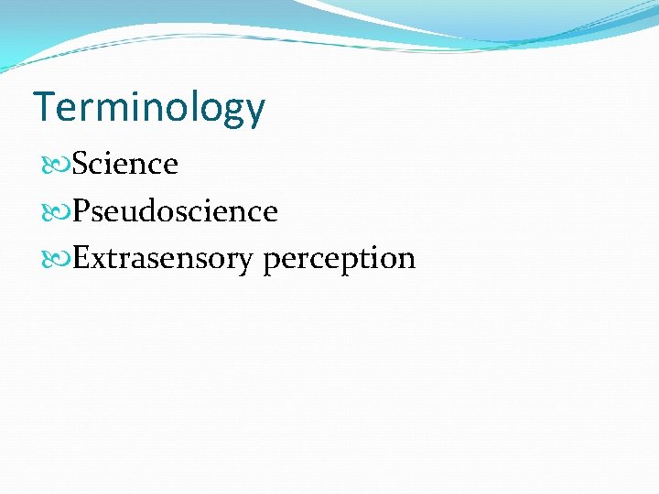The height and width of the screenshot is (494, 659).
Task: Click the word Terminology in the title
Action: [149, 108]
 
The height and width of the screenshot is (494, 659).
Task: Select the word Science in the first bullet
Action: [125, 165]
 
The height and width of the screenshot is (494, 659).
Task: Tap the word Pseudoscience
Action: [175, 212]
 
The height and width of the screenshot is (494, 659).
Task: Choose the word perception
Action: [340, 260]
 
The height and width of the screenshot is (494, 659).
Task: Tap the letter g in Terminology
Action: [232, 113]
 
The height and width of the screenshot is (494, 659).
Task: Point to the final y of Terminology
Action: [254, 113]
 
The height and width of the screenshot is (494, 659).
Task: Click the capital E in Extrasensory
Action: [81, 259]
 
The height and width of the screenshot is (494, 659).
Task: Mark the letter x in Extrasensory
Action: [98, 261]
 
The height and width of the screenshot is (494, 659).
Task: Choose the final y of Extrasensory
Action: [243, 263]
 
